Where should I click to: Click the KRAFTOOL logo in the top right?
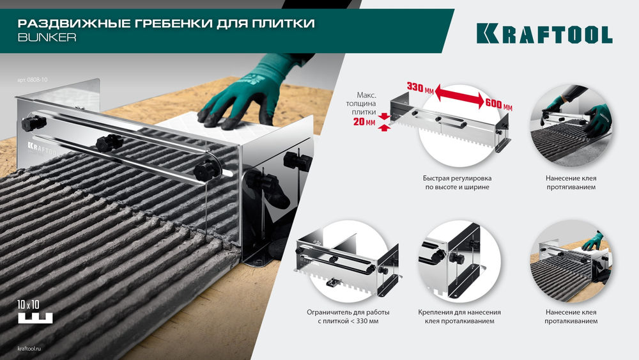point(544,34)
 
